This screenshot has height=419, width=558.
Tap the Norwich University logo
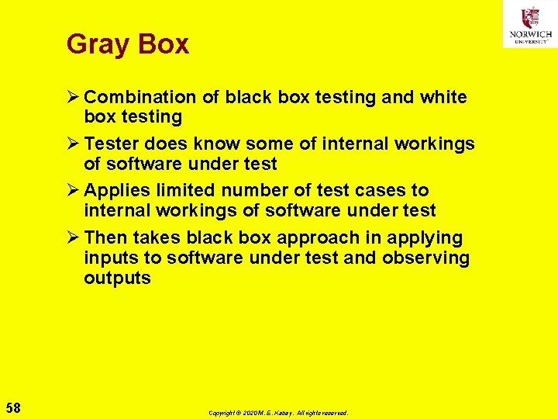click(530, 24)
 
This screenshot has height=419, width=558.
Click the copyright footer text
click(278, 413)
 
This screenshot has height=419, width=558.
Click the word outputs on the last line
click(117, 279)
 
